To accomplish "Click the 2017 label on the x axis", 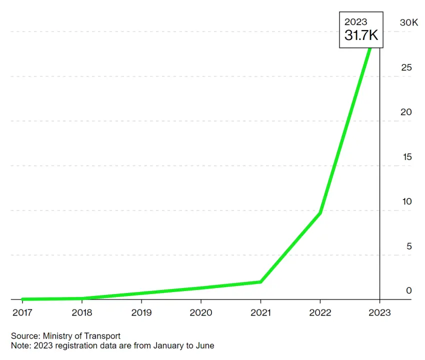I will pos(22,312).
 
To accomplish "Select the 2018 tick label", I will pos(81,312).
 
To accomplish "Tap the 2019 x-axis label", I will pos(141,312).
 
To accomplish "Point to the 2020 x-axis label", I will pos(200,312).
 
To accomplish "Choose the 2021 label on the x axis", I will pos(260,312).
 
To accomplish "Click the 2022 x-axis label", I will pos(320,312).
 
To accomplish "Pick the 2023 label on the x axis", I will pos(379,312).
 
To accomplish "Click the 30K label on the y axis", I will pos(408,22).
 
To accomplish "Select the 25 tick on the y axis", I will pos(406,67).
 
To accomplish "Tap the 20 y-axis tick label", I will pos(406,112).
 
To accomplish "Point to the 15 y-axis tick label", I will pos(406,157).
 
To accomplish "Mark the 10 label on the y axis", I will pos(406,201).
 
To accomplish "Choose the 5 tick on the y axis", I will pos(409,246).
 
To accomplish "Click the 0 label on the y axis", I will pos(409,290).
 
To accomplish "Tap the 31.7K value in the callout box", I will pos(361,35).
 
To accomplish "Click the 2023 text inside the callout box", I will pos(355,22).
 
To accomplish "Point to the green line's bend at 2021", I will pos(260,282).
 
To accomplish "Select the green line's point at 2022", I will pos(320,213).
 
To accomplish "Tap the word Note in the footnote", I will pos(19,345).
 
